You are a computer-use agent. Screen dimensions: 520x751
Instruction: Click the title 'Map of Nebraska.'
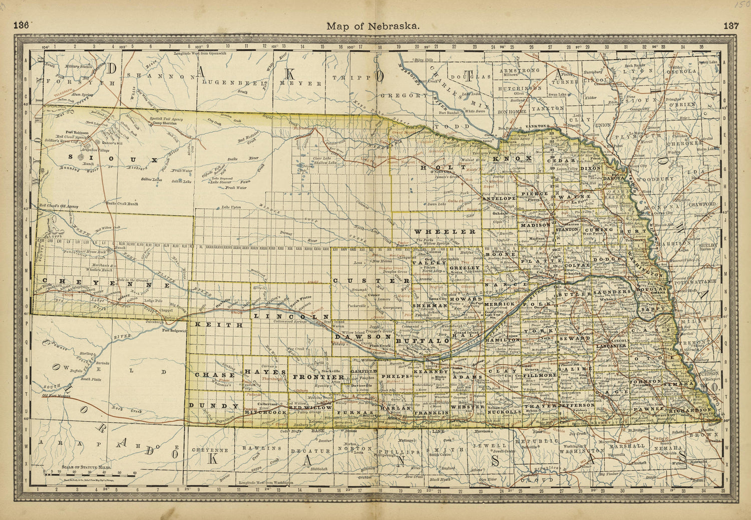[372, 26]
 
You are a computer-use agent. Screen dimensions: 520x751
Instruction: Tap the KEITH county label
[219, 325]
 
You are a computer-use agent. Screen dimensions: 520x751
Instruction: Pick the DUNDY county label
[214, 405]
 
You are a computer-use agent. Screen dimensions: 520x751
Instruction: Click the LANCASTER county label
[611, 346]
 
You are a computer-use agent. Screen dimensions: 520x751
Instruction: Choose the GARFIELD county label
[363, 372]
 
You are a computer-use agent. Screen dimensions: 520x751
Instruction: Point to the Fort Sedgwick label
[174, 330]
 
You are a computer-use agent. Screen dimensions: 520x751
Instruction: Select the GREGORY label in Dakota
[405, 95]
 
